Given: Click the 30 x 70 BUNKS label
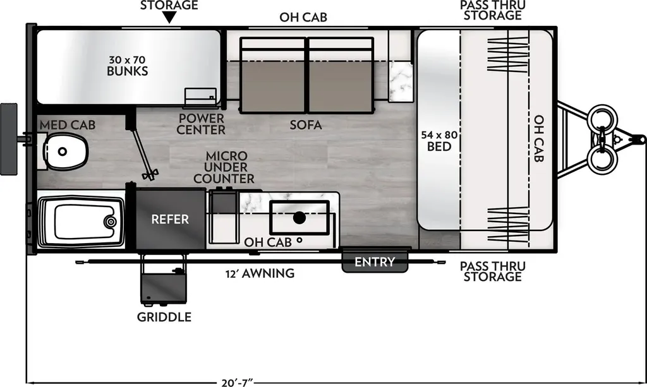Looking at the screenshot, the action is [128, 66].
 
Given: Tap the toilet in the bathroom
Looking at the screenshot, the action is [65, 152].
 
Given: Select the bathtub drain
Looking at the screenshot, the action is [110, 222].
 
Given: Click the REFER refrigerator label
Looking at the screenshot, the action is [170, 219].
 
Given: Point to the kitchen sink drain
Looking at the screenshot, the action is [299, 218].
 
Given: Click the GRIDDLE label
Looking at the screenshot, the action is [164, 317].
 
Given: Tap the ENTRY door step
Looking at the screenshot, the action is [375, 261].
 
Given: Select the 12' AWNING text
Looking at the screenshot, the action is [260, 273].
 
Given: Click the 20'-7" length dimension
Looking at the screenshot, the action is [237, 383].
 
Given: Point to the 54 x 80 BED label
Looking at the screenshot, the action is [439, 141].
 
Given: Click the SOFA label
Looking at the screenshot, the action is [306, 125].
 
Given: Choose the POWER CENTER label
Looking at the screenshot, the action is [201, 124].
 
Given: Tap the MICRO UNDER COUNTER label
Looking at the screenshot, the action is [224, 167].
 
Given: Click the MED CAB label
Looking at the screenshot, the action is [68, 125].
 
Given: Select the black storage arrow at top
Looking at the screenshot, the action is [169, 17].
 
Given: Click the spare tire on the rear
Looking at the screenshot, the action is [9, 140].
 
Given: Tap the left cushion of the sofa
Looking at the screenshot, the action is [273, 75].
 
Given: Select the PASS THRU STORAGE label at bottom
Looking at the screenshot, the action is [493, 271].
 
